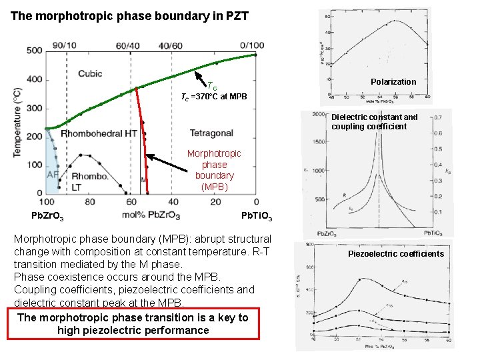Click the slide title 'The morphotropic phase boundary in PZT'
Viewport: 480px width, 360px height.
tap(129, 15)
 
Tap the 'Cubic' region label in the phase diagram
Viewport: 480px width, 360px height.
tap(89, 73)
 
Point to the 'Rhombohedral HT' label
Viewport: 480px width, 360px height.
tap(99, 134)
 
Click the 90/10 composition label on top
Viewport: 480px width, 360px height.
tap(64, 45)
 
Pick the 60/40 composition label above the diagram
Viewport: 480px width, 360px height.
tap(129, 45)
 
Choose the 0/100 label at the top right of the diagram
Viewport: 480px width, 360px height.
tap(251, 45)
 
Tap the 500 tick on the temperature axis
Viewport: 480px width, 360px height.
tap(35, 51)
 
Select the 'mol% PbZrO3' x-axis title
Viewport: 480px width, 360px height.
tap(152, 215)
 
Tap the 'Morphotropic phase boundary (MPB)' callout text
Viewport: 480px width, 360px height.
tap(214, 170)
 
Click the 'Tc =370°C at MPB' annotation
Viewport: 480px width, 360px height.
tap(214, 97)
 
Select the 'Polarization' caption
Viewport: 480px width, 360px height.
tap(393, 81)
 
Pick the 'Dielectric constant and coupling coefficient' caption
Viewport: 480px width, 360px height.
tap(374, 121)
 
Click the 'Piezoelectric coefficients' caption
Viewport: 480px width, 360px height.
tap(395, 253)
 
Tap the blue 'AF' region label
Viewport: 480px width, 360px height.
tap(53, 175)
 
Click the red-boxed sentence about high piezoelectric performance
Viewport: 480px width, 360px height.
tap(133, 324)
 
